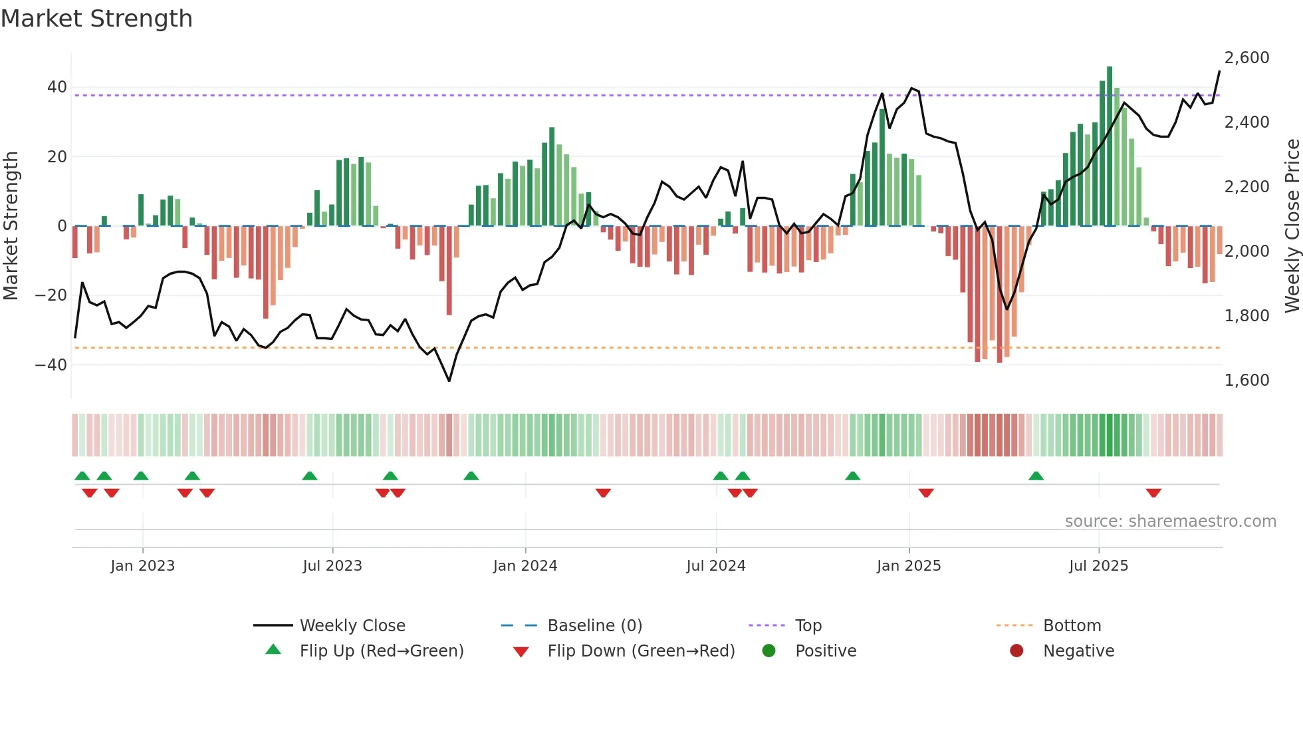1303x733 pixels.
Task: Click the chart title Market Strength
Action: coord(96,19)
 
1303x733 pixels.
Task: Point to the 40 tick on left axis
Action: coord(57,87)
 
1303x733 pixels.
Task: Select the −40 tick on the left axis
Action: coord(51,365)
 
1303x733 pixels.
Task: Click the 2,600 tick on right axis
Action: coord(1246,58)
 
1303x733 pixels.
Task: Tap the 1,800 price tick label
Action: coord(1246,316)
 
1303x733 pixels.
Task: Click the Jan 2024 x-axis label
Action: coord(525,566)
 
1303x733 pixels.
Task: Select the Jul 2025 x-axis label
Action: coord(1098,566)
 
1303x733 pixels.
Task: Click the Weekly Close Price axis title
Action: coord(1292,226)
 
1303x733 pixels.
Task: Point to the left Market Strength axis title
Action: coord(11,226)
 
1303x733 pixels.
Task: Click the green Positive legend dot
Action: coord(769,651)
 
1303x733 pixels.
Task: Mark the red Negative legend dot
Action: coord(1016,651)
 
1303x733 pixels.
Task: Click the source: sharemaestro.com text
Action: coord(1170,521)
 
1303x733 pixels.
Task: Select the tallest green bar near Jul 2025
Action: coord(1109,146)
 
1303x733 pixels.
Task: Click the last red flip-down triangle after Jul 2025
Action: coord(1153,493)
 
